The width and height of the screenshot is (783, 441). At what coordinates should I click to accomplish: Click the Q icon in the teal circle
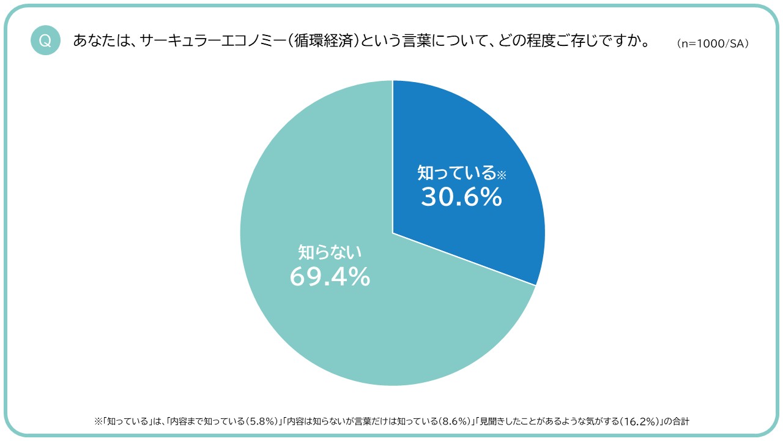tap(45, 41)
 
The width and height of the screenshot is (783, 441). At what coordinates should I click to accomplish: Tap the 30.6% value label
tap(461, 197)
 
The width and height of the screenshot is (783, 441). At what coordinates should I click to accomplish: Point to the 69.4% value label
tap(330, 277)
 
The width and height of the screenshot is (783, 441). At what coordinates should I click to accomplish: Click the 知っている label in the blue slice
tap(456, 173)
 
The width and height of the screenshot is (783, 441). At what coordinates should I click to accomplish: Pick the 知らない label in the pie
tap(330, 251)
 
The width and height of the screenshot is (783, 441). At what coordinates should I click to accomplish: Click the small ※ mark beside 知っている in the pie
tap(502, 175)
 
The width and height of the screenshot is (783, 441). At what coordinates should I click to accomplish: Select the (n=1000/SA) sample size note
tap(713, 44)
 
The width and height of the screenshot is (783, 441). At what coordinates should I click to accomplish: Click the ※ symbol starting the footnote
tap(97, 421)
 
